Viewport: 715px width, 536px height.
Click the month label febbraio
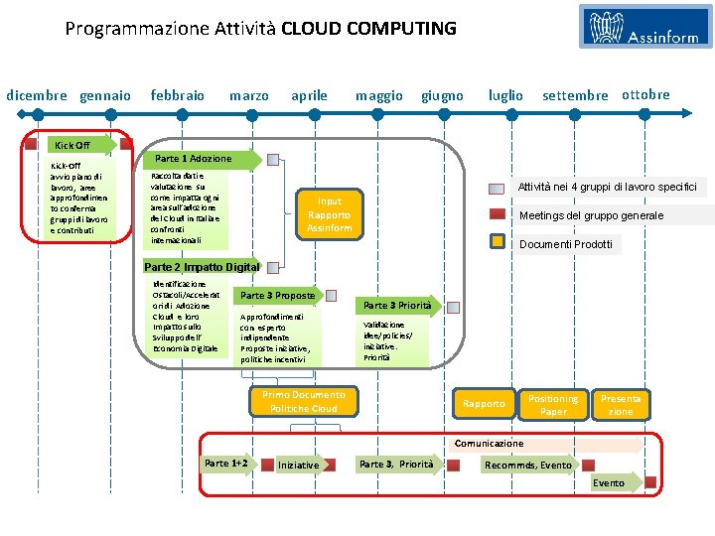[177, 95]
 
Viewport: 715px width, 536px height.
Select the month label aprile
[309, 95]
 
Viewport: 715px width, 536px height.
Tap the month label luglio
[505, 95]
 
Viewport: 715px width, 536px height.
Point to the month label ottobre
[645, 94]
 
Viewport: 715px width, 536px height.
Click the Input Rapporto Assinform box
[330, 214]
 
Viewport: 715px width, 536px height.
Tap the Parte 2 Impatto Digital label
[202, 266]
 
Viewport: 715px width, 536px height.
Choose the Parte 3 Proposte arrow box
[278, 295]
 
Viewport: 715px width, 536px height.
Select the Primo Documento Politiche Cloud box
[304, 401]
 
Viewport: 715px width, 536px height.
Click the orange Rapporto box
[484, 403]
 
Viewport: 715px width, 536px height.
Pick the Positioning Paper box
[553, 404]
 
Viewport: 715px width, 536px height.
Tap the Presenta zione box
[621, 404]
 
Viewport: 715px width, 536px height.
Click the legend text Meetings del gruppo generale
[591, 215]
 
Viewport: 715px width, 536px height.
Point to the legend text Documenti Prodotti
[566, 243]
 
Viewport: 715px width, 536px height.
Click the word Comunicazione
[489, 443]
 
